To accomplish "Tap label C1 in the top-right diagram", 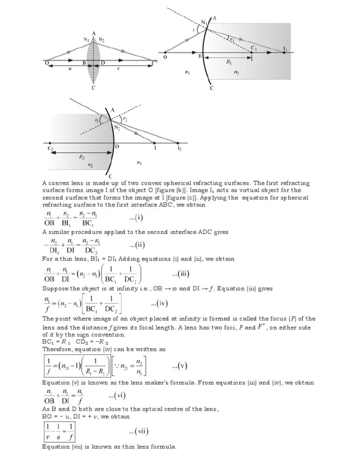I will click(253, 48).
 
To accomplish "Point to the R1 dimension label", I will click(229, 61).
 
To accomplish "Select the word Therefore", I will click(58, 349).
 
